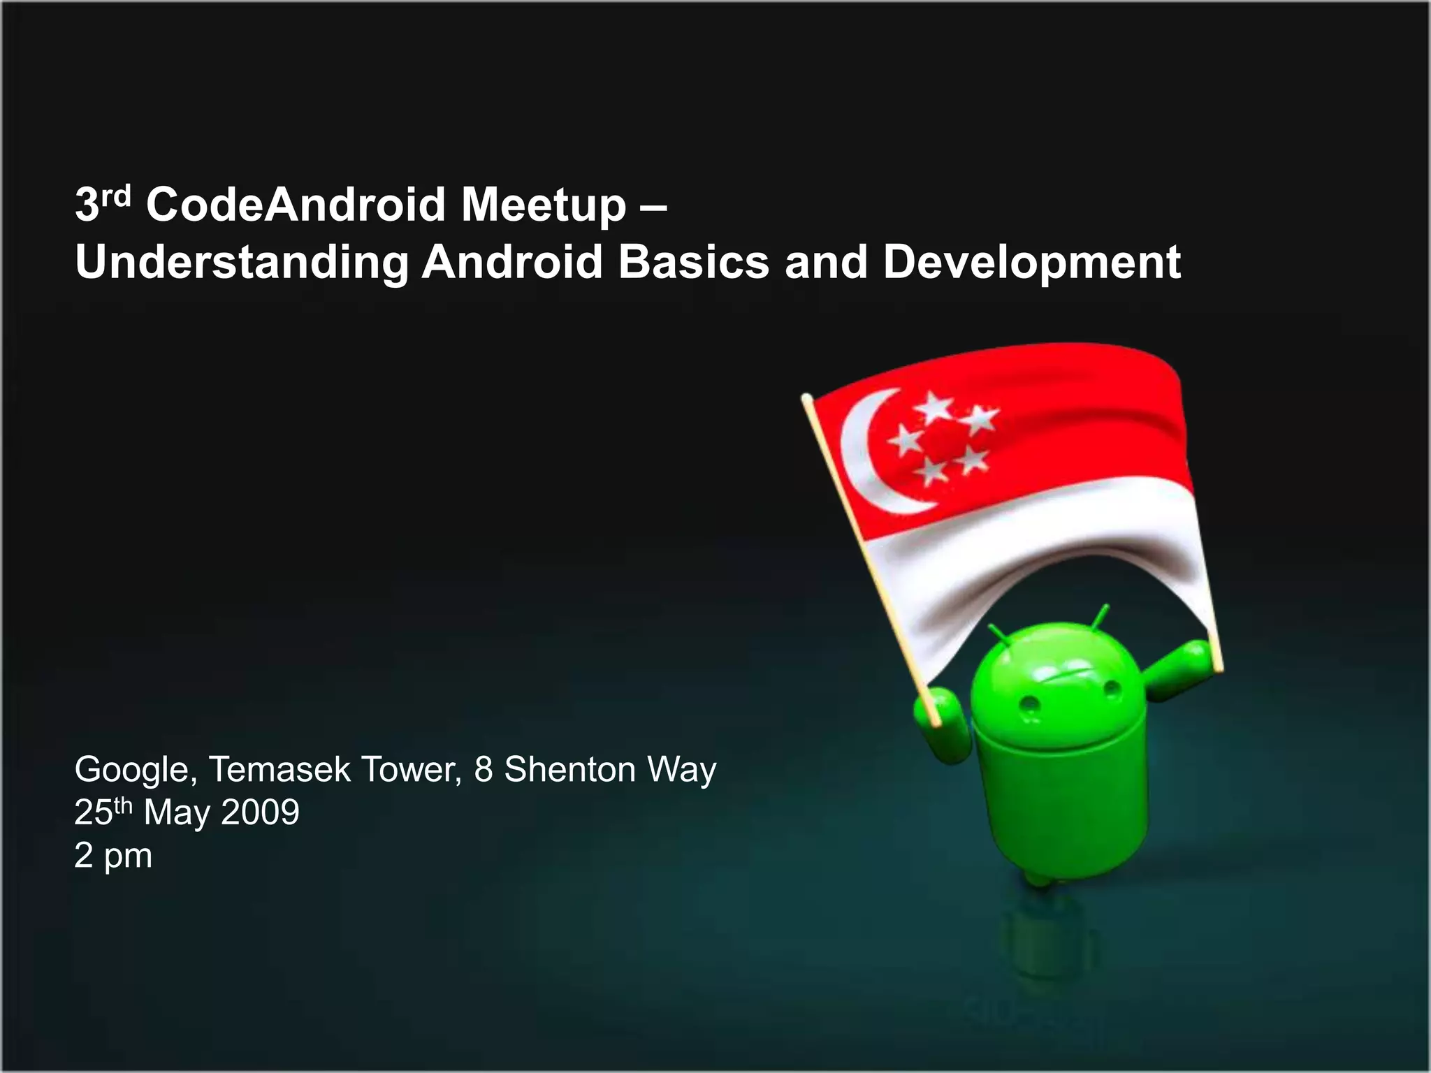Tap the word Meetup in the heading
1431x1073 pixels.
(543, 206)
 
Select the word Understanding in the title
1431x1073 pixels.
(242, 263)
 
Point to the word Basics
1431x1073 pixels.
(693, 262)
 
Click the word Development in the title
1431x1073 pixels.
(1031, 263)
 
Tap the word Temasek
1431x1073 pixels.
(279, 769)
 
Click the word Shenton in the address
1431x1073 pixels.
(569, 769)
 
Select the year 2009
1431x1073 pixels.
(260, 812)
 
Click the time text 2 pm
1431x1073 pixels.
(113, 856)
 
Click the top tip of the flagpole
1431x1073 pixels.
(807, 398)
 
